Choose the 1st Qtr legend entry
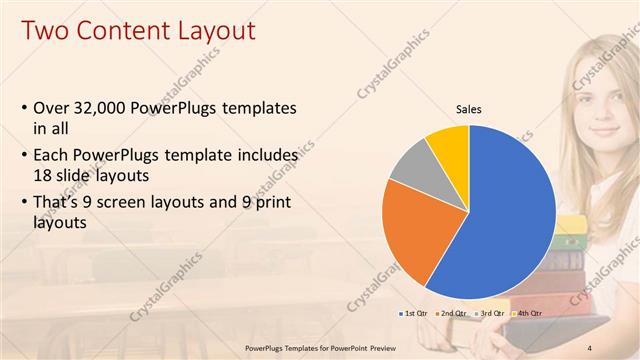[415, 314]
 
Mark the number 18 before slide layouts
[44, 174]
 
